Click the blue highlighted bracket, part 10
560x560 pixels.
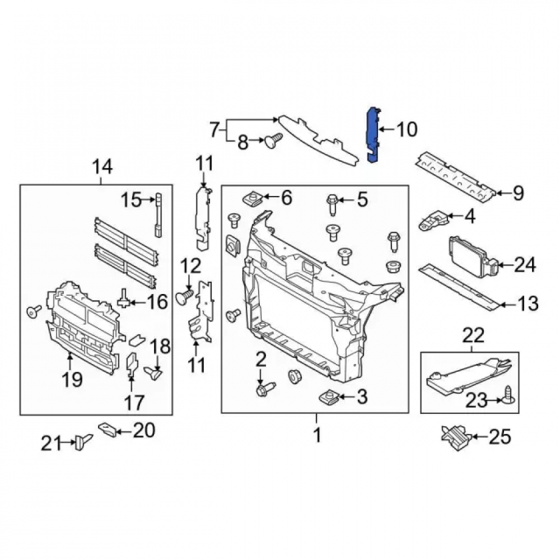(x=372, y=135)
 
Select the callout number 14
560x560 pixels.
(x=102, y=167)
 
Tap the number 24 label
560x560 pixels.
(x=525, y=265)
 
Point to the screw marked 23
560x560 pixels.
(x=510, y=395)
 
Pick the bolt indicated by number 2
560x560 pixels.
(x=265, y=389)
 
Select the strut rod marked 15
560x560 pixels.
(x=158, y=214)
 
